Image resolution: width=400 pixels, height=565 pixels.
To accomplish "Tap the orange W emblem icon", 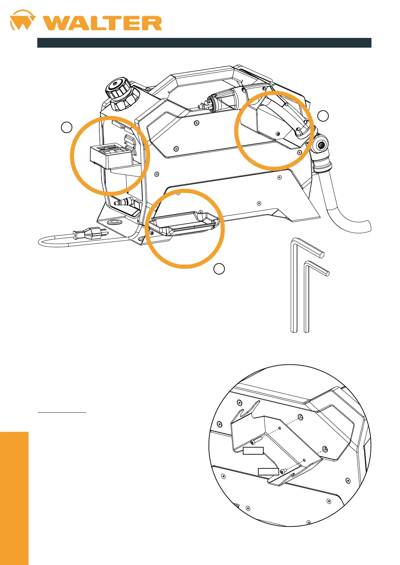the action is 23,21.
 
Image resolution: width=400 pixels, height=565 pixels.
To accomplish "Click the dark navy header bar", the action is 204,43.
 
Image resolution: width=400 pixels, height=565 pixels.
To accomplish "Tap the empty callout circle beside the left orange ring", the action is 66,127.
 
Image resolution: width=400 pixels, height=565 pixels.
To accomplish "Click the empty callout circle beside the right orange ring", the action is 323,116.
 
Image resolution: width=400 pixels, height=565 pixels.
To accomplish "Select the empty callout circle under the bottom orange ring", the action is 219,269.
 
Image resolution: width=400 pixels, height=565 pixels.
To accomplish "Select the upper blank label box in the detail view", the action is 253,451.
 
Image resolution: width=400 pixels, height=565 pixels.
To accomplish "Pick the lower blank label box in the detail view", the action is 268,471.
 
